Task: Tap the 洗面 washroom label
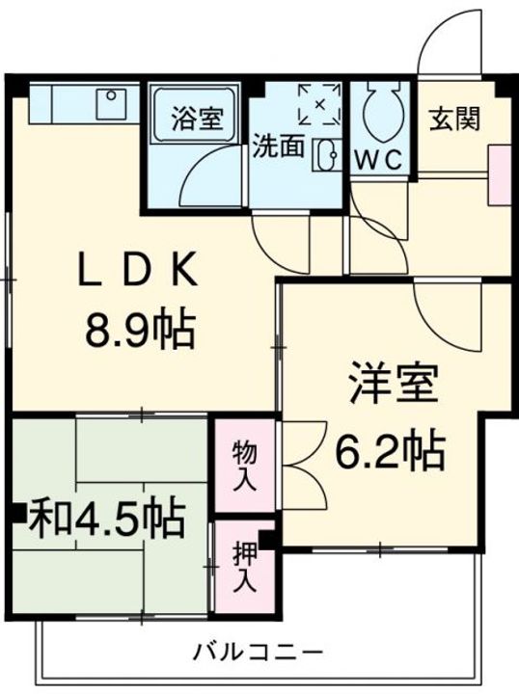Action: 278,147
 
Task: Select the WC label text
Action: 380,160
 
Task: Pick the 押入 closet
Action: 243,569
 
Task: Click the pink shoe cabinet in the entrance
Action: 500,174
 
